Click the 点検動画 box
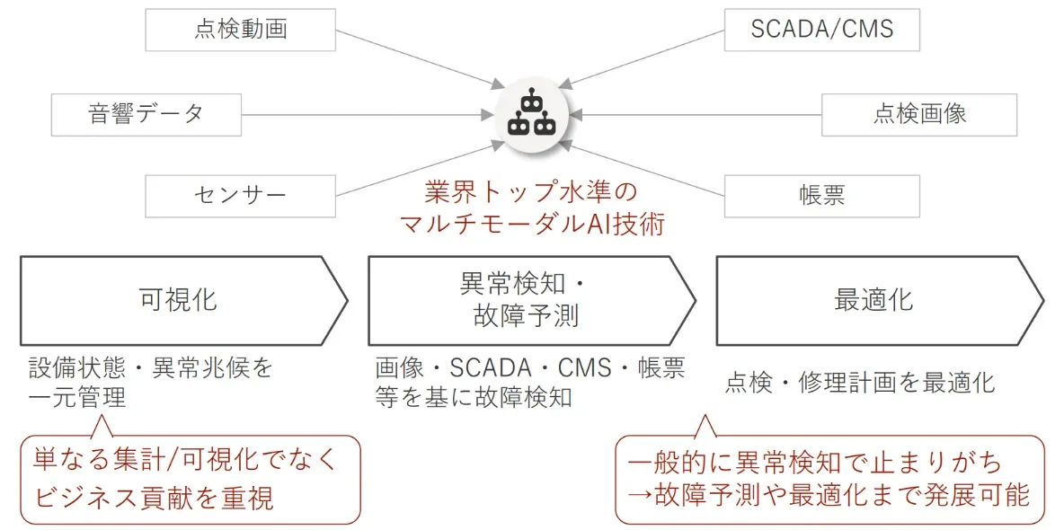(x=240, y=29)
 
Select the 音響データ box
(x=146, y=115)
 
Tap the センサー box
(x=240, y=195)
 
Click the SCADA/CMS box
(x=821, y=29)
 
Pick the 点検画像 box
(x=918, y=115)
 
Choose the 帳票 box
(x=821, y=195)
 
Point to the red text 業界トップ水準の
(x=530, y=192)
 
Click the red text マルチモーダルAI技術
(x=532, y=224)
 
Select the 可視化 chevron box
(x=180, y=301)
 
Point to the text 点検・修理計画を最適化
(x=860, y=383)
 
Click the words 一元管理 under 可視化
(x=77, y=397)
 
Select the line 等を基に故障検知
(x=474, y=397)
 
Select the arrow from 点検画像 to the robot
(x=701, y=115)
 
